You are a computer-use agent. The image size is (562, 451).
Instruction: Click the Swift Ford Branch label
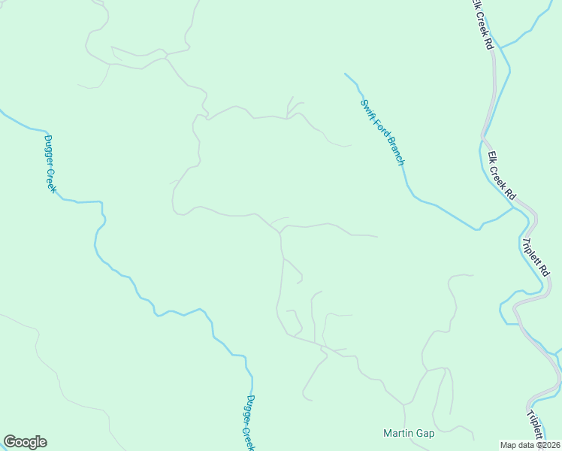point(383,133)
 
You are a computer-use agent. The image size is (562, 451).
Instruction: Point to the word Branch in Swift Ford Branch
point(396,151)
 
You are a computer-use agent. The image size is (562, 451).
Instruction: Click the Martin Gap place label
point(409,433)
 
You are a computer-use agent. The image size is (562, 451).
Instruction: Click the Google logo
point(25,442)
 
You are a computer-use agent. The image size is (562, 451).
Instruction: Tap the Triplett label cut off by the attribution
point(534,424)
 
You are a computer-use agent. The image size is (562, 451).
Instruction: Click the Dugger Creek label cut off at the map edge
point(251,422)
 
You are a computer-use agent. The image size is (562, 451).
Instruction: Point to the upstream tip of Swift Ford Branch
point(346,74)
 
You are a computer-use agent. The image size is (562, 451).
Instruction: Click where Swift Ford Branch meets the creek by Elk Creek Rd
point(514,208)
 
